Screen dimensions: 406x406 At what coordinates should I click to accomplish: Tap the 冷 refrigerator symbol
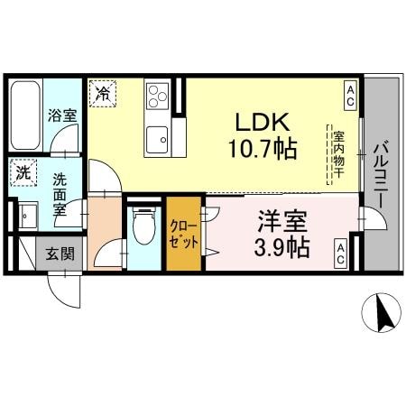pos(102,92)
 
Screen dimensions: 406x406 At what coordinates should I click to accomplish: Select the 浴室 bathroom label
pos(61,115)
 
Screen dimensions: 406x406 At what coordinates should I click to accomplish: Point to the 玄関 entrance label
pos(58,254)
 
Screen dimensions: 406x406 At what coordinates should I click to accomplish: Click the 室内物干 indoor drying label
pos(338,155)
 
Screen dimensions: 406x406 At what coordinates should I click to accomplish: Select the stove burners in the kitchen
pos(158,95)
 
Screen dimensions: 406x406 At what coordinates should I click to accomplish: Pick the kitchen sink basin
pos(158,138)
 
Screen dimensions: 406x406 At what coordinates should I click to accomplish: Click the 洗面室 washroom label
pos(60,192)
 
